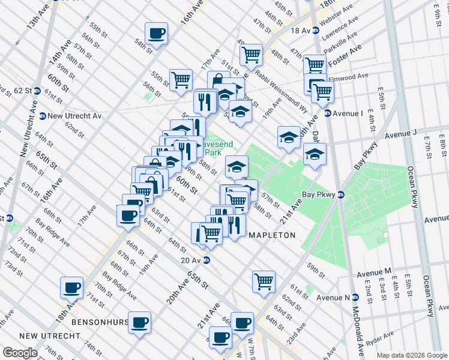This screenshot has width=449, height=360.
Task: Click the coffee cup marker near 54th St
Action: coord(157,34)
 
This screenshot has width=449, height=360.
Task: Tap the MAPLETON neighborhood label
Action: coord(272,236)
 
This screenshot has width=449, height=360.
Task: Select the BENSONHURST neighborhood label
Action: coord(99,322)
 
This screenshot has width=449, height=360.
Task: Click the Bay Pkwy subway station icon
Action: coord(340,194)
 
